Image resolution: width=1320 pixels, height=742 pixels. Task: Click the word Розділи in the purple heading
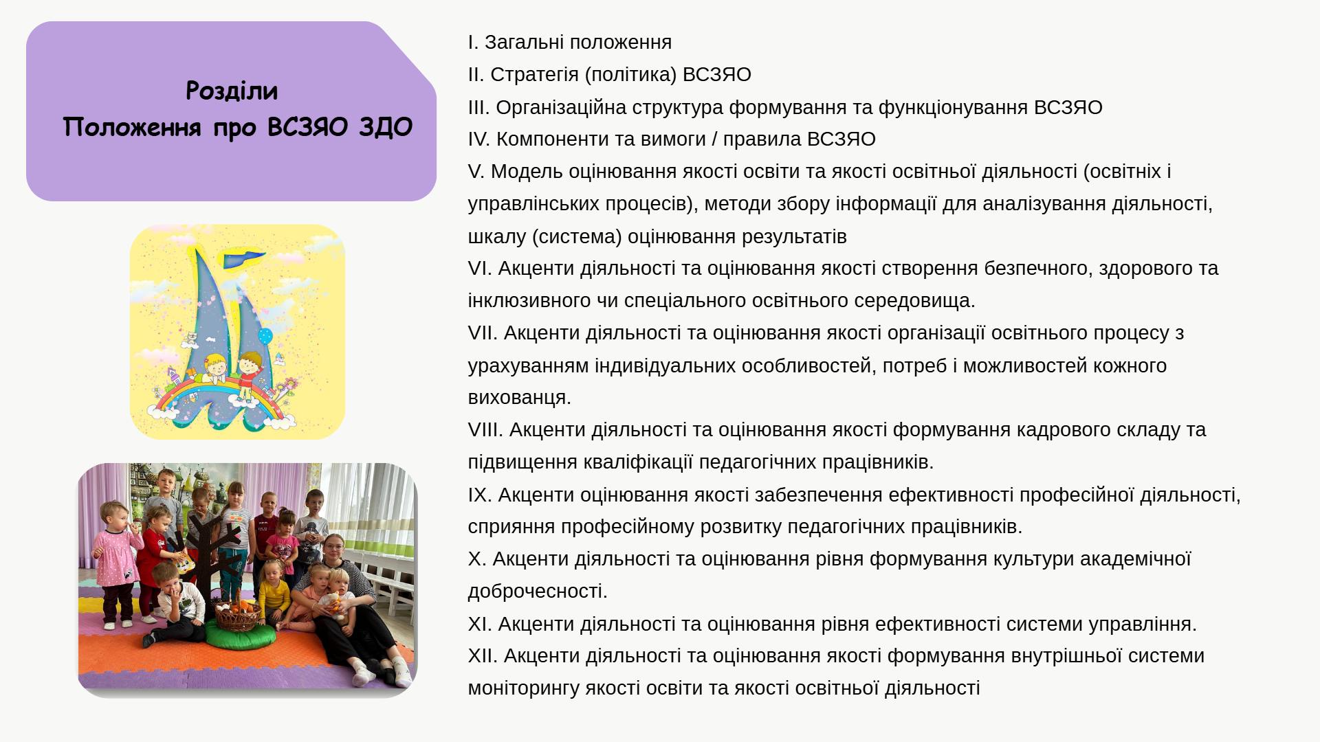pyautogui.click(x=232, y=91)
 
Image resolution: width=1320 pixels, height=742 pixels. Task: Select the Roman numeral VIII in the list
pyautogui.click(x=485, y=429)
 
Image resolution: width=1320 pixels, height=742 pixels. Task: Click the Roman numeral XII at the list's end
pyautogui.click(x=483, y=655)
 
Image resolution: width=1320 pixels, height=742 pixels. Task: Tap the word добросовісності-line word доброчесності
pyautogui.click(x=538, y=591)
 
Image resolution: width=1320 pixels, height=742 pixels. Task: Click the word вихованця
pyautogui.click(x=519, y=397)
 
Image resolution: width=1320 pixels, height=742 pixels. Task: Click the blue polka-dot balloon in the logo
pyautogui.click(x=265, y=336)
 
